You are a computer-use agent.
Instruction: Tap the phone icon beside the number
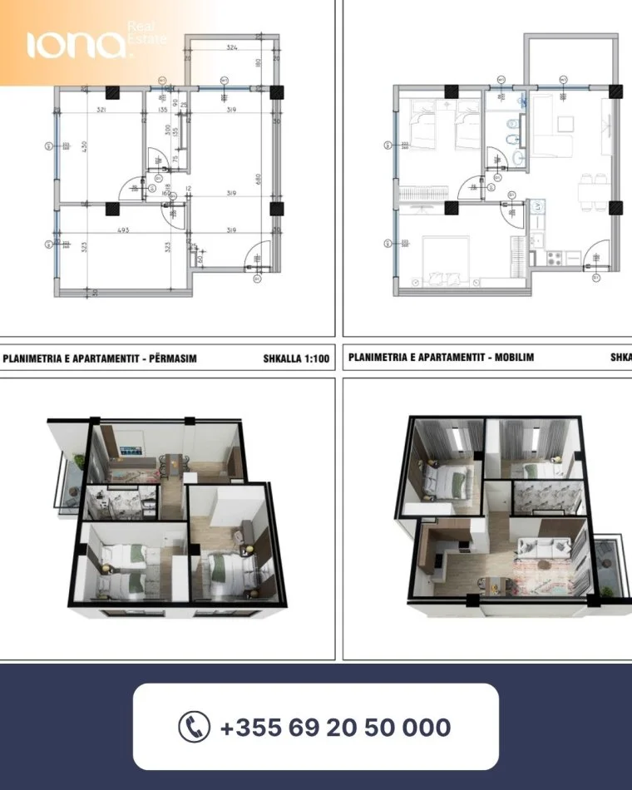pos(195,727)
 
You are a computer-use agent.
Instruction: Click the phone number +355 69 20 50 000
pos(335,728)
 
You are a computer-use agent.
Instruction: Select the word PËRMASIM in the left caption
pos(166,359)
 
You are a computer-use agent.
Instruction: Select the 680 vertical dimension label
pos(259,179)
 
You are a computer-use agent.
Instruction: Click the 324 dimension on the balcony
pos(233,49)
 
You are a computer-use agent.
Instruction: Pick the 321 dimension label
pos(100,110)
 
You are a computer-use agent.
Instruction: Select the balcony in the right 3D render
pos(614,565)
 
